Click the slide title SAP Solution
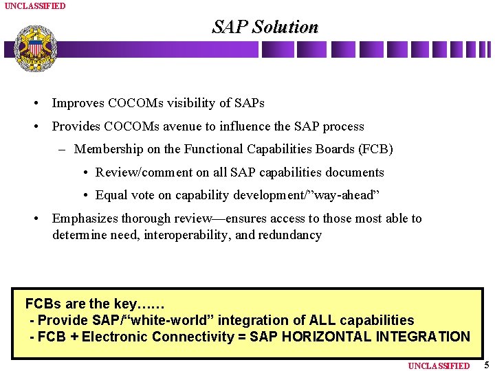pos(265,27)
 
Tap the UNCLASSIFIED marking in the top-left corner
pos(35,5)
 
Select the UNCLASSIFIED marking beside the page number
pos(439,366)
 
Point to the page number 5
pos(486,365)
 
